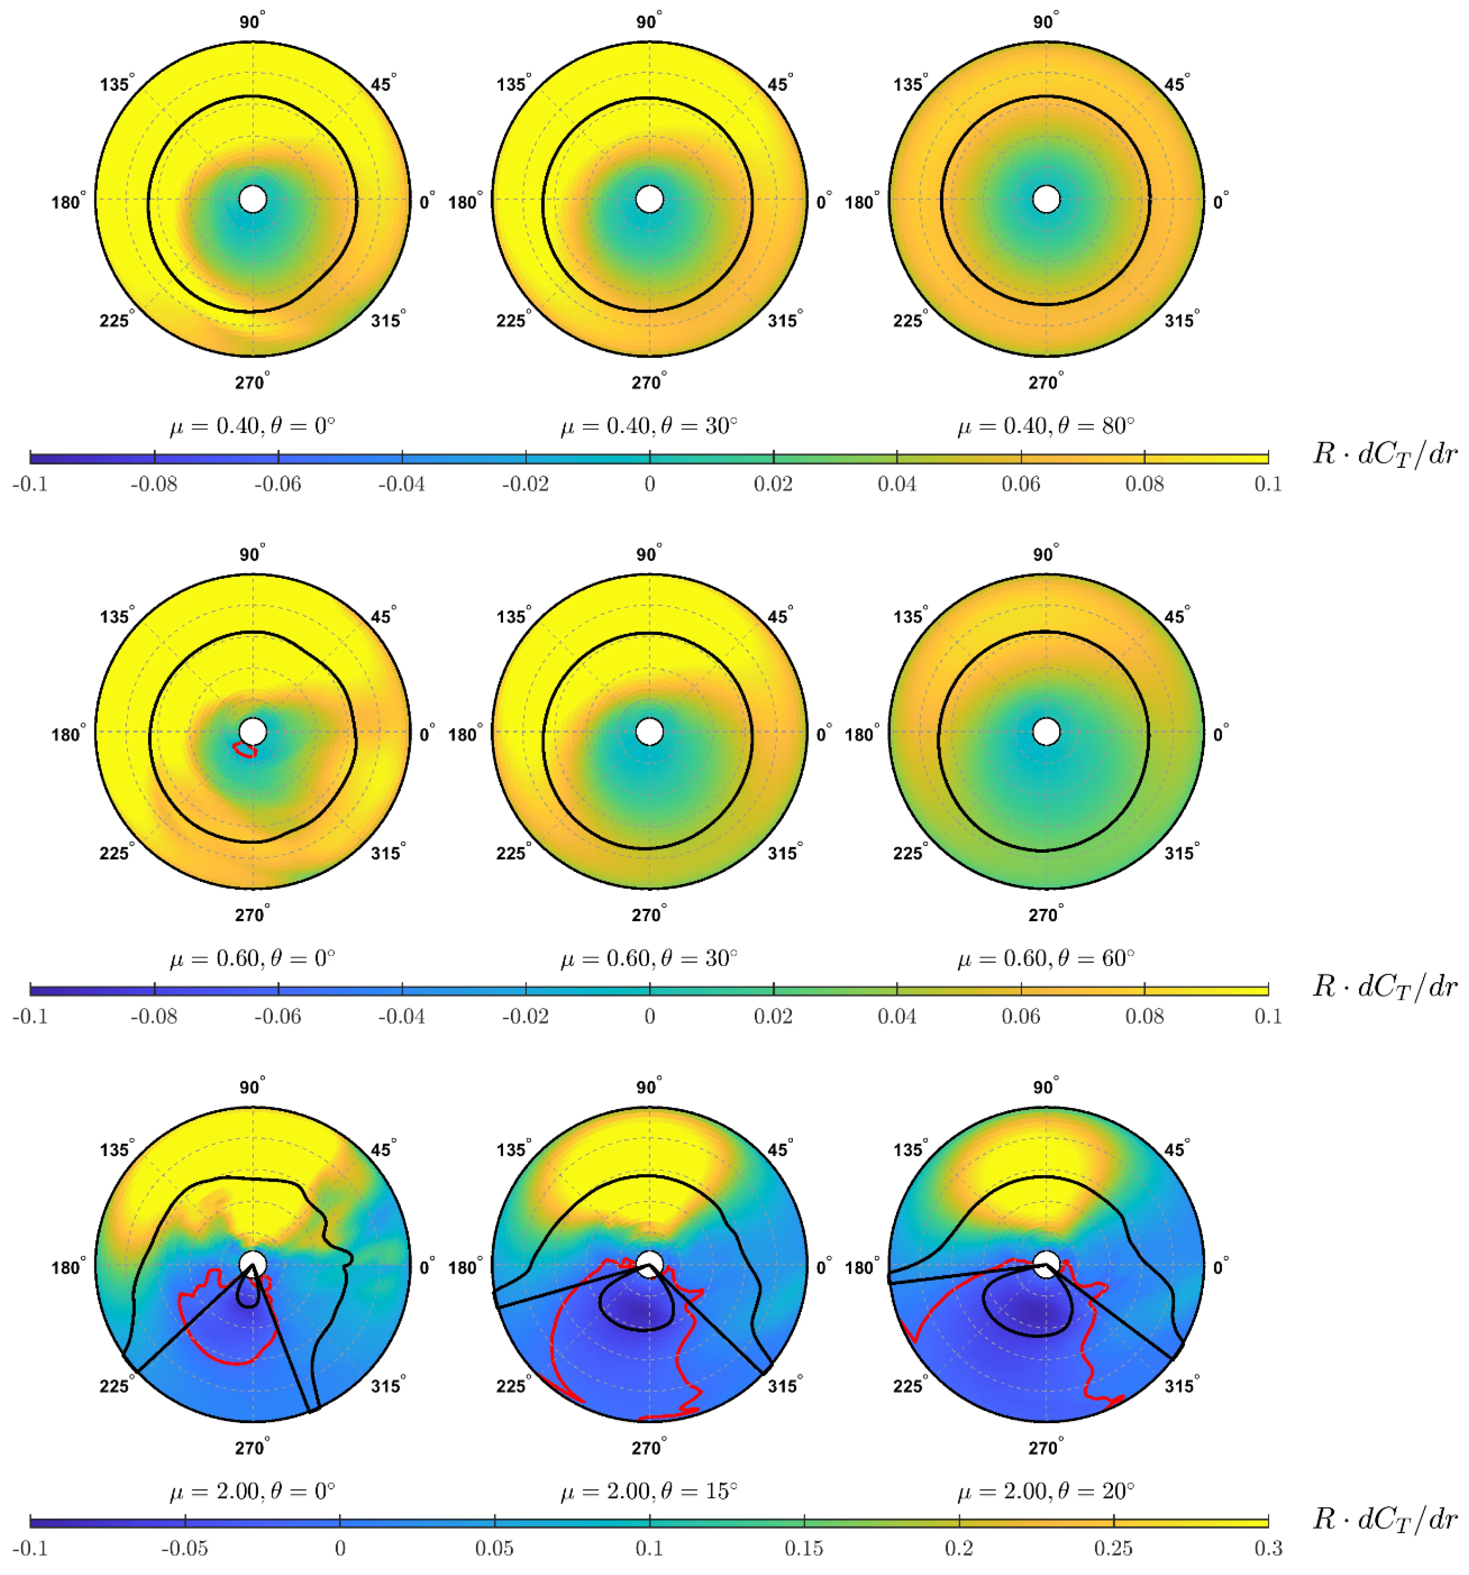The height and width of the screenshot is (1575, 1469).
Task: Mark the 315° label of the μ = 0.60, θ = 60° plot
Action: point(1180,852)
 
